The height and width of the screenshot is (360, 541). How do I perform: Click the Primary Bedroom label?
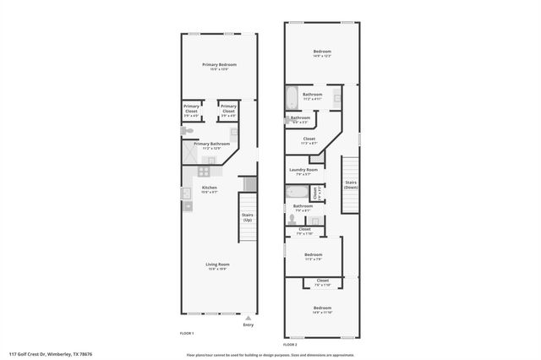(219, 66)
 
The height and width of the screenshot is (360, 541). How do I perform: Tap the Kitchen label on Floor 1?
(210, 188)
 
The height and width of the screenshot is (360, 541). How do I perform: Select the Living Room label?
(218, 265)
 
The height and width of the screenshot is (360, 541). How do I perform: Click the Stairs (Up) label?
(248, 217)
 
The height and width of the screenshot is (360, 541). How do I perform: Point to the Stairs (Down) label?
(350, 183)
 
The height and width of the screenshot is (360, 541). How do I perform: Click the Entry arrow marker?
(248, 318)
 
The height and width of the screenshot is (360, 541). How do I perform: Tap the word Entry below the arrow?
(248, 325)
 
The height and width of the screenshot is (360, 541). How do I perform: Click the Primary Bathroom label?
(211, 145)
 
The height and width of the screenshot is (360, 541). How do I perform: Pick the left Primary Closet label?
(192, 107)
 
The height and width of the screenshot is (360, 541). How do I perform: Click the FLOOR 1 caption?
(187, 333)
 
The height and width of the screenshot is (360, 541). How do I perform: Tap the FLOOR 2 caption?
(290, 345)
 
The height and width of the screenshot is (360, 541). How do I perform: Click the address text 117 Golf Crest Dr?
(51, 354)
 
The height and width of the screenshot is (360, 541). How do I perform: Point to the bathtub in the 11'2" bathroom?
(290, 99)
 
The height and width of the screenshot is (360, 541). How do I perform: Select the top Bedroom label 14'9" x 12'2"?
(323, 52)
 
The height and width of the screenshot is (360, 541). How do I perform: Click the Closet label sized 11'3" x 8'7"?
(309, 140)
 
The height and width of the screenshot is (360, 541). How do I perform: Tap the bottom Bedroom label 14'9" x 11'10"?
(322, 308)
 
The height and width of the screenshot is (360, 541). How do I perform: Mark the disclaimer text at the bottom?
(270, 354)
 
